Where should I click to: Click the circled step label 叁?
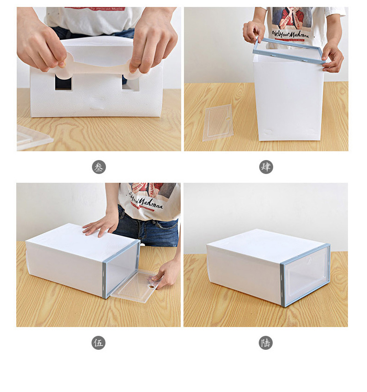pyautogui.click(x=98, y=167)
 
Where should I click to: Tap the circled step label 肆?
pyautogui.click(x=266, y=167)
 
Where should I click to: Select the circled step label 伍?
pyautogui.click(x=98, y=343)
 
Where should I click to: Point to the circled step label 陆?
pyautogui.click(x=266, y=343)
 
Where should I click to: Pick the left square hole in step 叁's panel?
pyautogui.click(x=63, y=83)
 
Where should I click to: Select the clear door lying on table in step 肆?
pyautogui.click(x=217, y=122)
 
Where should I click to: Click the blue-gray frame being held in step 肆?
pyautogui.click(x=288, y=52)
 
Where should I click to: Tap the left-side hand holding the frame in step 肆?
pyautogui.click(x=253, y=32)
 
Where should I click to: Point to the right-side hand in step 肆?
pyautogui.click(x=333, y=57)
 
